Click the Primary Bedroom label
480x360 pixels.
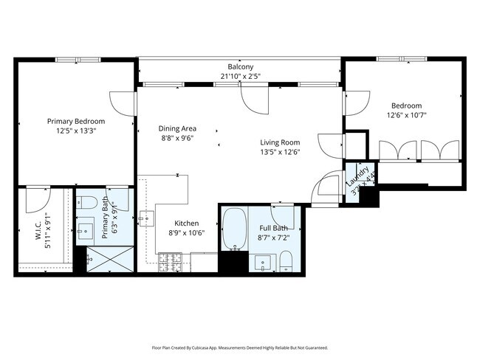[x=76, y=121]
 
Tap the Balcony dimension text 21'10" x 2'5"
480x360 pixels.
[x=240, y=76]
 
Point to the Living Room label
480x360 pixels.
[x=279, y=142]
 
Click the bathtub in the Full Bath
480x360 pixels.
[x=235, y=229]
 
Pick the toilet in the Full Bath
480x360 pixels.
[x=286, y=260]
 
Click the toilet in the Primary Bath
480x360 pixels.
[x=87, y=202]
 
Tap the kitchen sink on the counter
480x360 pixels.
[x=145, y=218]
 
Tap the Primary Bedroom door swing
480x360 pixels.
[x=122, y=103]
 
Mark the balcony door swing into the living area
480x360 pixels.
[x=254, y=99]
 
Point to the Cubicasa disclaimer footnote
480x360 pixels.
[x=240, y=347]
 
